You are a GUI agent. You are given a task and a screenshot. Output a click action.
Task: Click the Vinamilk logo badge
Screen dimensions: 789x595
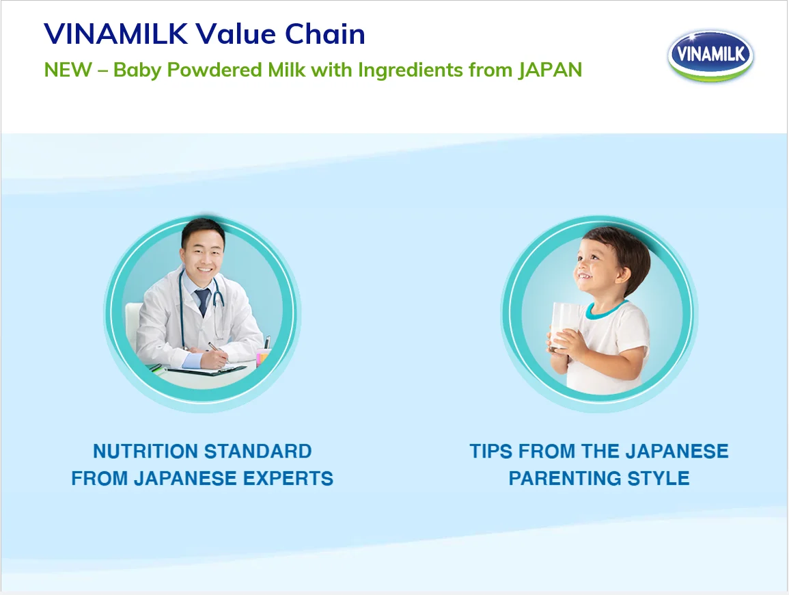click(710, 55)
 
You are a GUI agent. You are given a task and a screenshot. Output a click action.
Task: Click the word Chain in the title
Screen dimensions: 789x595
click(325, 34)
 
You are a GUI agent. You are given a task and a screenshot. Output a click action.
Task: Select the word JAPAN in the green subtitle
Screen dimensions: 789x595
click(550, 70)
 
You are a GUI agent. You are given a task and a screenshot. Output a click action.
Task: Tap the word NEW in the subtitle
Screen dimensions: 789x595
click(68, 70)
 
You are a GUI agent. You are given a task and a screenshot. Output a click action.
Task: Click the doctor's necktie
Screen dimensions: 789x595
click(202, 302)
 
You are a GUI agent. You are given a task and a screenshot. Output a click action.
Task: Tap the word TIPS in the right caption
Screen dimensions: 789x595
click(491, 451)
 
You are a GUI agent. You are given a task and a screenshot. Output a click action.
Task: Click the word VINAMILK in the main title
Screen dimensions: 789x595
click(115, 34)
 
